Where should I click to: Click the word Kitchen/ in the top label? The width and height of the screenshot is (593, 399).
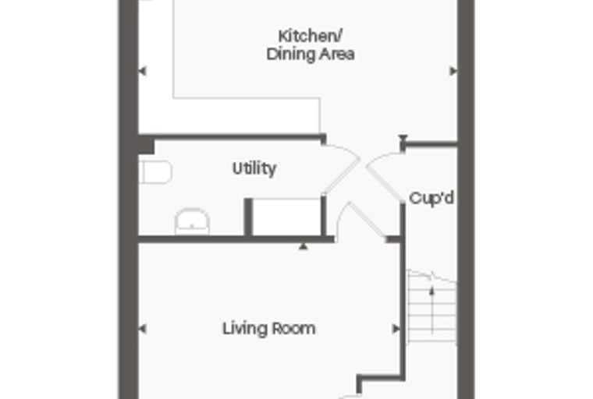tap(310, 37)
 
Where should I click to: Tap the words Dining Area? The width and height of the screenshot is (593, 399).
tap(310, 54)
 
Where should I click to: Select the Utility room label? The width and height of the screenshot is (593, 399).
tap(254, 169)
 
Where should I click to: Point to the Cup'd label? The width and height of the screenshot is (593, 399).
tap(431, 198)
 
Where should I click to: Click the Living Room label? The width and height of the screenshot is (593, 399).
tap(269, 329)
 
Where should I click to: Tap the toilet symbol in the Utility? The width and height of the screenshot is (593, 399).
tap(155, 172)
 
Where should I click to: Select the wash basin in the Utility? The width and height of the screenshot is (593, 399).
tap(192, 221)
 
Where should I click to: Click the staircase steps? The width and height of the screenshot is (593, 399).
tap(432, 307)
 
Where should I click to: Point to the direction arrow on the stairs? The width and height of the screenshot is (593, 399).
tap(432, 310)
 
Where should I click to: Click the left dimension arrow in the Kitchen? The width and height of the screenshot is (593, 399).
tap(143, 71)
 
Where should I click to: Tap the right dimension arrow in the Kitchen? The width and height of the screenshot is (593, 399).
tap(453, 71)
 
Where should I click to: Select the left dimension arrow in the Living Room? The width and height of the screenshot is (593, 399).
tap(143, 329)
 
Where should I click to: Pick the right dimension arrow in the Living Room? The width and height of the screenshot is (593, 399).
tap(396, 329)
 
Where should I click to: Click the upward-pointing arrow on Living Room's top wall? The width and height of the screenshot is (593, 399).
tap(303, 246)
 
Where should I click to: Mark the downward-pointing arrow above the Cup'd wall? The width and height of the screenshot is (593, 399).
tap(403, 138)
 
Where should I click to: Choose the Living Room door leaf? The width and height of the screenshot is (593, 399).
tap(367, 221)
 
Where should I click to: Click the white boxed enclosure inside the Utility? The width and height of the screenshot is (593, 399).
tap(286, 217)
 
